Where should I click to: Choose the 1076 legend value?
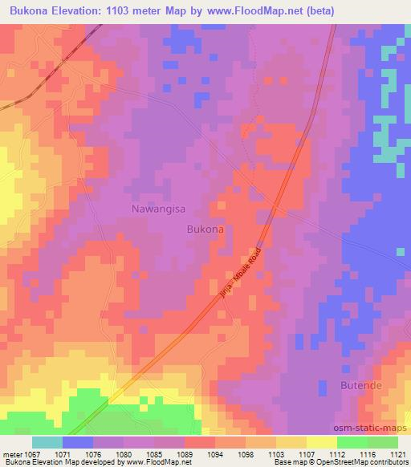pos(95,453)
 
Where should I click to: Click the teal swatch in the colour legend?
pos(47,442)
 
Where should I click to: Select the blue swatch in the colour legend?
pos(78,442)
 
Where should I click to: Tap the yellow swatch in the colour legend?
pos(322,442)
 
